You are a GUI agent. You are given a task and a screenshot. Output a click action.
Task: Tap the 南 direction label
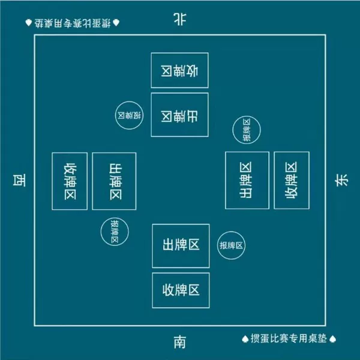[180, 342]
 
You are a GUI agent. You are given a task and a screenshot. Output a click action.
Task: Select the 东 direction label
[341, 180]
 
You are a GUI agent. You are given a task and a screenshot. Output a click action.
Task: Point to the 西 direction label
[19, 180]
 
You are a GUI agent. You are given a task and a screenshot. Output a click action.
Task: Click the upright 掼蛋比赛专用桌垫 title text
[289, 338]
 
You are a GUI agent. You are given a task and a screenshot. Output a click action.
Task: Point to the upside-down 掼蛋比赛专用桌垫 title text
[73, 23]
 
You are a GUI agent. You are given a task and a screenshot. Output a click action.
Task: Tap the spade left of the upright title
[245, 339]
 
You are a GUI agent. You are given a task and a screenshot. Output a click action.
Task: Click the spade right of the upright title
[332, 339]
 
